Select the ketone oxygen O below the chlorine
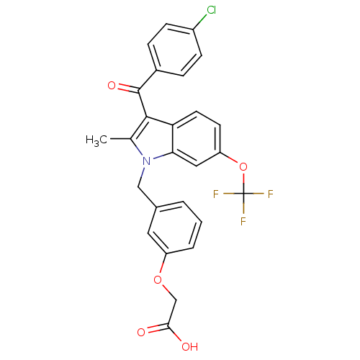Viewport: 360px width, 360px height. pyautogui.click(x=112, y=86)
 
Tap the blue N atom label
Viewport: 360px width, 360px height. pyautogui.click(x=147, y=161)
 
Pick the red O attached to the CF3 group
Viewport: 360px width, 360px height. pyautogui.click(x=243, y=167)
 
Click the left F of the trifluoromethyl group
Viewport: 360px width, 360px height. pyautogui.click(x=216, y=194)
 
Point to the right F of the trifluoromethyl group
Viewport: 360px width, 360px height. pyautogui.click(x=271, y=194)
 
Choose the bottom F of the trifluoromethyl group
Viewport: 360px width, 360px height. pyautogui.click(x=243, y=221)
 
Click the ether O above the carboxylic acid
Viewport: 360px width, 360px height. pyautogui.click(x=158, y=280)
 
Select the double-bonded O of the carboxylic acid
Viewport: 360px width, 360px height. pyautogui.click(x=141, y=333)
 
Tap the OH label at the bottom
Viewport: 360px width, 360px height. pyautogui.click(x=189, y=346)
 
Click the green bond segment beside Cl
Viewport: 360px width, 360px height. pyautogui.click(x=202, y=19)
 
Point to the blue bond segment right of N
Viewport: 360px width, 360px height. pyautogui.click(x=158, y=156)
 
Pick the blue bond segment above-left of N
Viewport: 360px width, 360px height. pyautogui.click(x=139, y=150)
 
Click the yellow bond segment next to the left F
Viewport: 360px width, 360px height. pyautogui.click(x=229, y=194)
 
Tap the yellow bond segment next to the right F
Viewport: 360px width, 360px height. pyautogui.click(x=257, y=194)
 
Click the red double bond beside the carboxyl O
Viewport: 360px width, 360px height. pyautogui.click(x=152, y=330)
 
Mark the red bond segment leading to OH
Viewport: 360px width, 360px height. pyautogui.click(x=178, y=338)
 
